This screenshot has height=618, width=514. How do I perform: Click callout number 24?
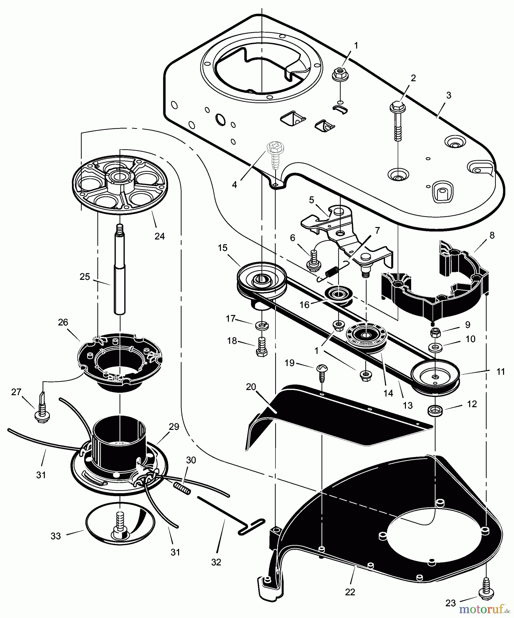160,236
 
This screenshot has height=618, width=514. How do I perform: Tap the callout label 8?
492,235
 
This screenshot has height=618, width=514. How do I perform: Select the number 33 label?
56,536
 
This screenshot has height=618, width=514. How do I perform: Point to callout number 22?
350,592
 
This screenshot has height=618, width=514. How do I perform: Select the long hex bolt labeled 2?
397,120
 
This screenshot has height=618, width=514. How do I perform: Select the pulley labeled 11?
435,376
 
